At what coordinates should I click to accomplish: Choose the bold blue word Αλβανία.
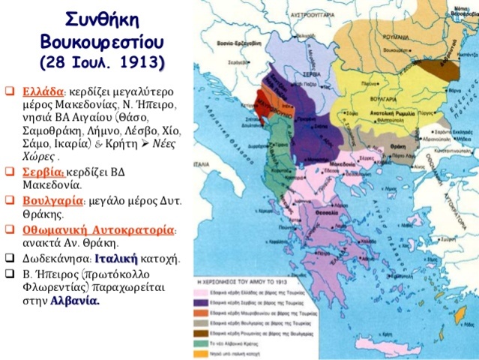tap(74, 301)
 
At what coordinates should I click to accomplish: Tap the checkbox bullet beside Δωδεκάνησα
tap(8, 258)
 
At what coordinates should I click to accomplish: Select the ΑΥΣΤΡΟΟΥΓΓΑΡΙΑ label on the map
tap(269, 13)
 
